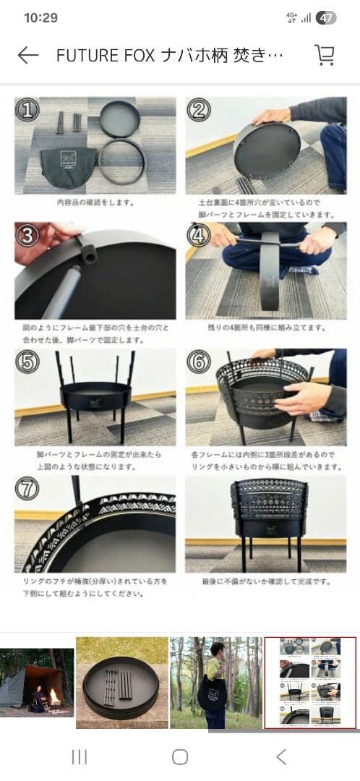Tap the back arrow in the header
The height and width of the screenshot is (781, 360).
click(27, 56)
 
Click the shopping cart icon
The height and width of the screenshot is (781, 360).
click(325, 56)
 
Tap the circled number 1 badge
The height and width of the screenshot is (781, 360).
click(27, 110)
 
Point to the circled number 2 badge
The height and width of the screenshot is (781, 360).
click(198, 110)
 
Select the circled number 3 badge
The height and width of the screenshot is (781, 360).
click(27, 236)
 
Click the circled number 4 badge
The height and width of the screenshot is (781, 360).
click(198, 236)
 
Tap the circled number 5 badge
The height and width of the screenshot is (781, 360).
click(27, 362)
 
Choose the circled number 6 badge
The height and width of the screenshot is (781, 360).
click(198, 362)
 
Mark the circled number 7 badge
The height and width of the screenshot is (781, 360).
click(27, 489)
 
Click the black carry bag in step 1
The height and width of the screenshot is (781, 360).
click(69, 167)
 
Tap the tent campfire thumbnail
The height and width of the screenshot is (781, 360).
click(36, 683)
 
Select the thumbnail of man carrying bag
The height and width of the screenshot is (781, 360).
click(215, 683)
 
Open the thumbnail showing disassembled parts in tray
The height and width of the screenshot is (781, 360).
click(121, 683)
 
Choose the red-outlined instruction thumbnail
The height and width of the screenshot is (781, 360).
click(310, 683)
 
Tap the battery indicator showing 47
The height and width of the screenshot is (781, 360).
click(326, 18)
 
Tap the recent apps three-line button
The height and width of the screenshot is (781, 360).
click(79, 756)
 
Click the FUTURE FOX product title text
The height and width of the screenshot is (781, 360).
click(170, 56)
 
